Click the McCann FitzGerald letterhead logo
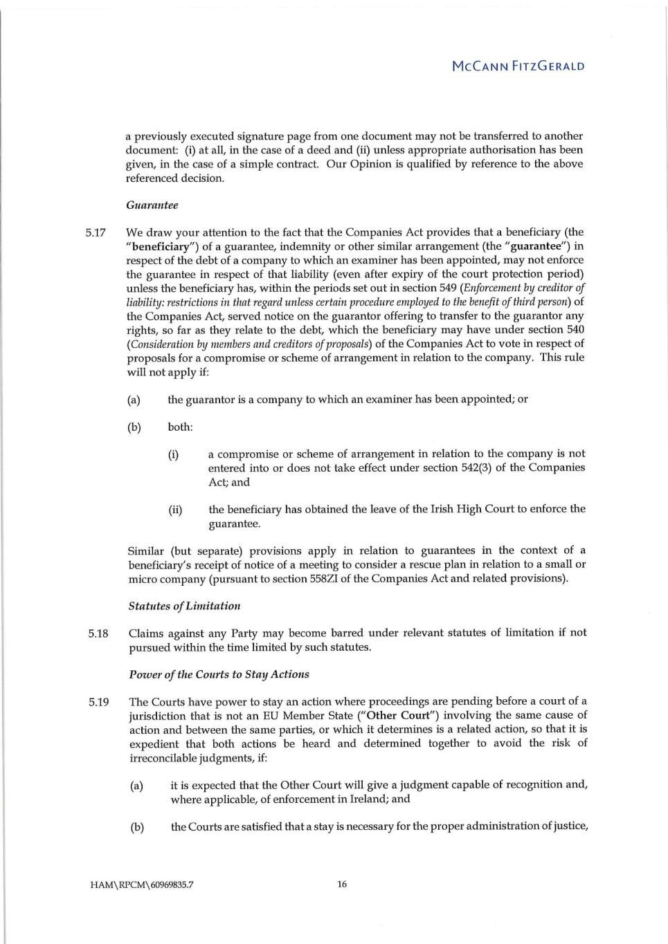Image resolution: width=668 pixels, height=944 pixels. pyautogui.click(x=518, y=66)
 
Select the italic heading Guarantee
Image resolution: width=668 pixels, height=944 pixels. pyautogui.click(x=152, y=205)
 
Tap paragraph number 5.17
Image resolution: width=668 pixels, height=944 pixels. pyautogui.click(x=96, y=232)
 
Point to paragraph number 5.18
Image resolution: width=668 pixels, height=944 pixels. pyautogui.click(x=98, y=633)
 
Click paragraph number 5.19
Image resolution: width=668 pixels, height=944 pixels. pyautogui.click(x=98, y=702)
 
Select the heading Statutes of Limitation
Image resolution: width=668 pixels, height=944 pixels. pyautogui.click(x=184, y=606)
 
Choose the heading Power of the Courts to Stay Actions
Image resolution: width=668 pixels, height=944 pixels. pyautogui.click(x=219, y=674)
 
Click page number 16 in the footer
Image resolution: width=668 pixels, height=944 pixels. pyautogui.click(x=342, y=884)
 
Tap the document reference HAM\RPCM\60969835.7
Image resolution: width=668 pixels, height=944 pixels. pyautogui.click(x=141, y=885)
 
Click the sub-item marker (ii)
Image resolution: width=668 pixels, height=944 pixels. pyautogui.click(x=175, y=510)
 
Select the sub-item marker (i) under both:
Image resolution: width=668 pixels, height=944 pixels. pyautogui.click(x=173, y=454)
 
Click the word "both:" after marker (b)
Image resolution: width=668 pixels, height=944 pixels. pyautogui.click(x=180, y=427)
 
